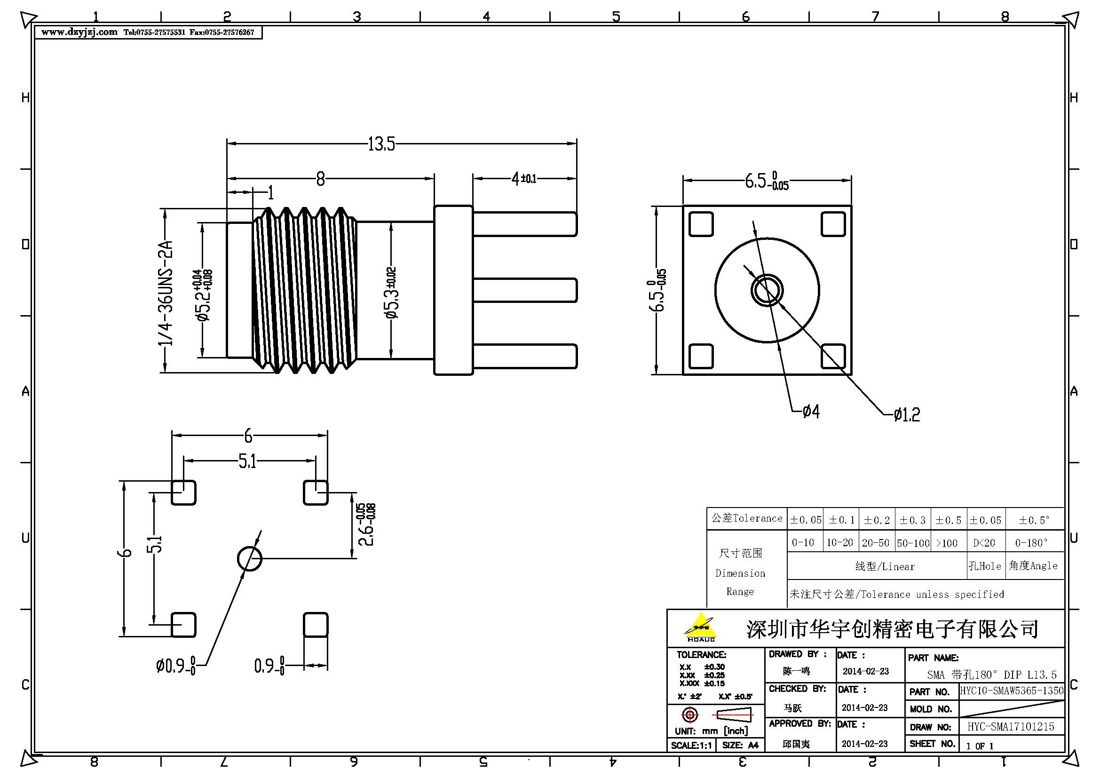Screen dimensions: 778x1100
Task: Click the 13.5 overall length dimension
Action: coord(381,144)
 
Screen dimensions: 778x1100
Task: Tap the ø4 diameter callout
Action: coord(811,411)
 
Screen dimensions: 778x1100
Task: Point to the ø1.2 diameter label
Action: coord(906,414)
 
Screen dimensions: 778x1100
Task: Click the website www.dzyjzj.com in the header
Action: coord(79,32)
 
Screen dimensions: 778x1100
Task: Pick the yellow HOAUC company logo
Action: coord(700,627)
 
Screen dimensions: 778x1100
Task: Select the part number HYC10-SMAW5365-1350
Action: coord(1012,691)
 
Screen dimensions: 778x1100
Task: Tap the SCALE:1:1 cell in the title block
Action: coord(690,746)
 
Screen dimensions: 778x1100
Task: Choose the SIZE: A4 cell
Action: coord(740,746)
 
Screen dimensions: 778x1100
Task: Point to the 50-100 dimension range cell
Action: coord(913,543)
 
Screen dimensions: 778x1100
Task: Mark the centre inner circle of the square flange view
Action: coord(767,290)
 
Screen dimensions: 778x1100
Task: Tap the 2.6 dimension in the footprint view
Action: coord(366,524)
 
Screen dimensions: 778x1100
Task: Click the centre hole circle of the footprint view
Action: coord(250,559)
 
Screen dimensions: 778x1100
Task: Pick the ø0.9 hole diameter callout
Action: coord(175,666)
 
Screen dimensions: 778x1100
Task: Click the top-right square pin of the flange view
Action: coord(833,224)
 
